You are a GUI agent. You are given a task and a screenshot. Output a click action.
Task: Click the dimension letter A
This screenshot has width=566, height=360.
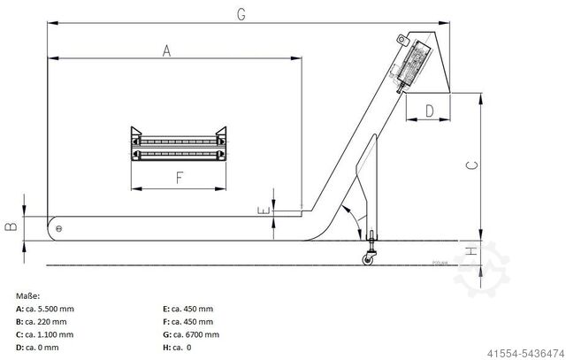165,51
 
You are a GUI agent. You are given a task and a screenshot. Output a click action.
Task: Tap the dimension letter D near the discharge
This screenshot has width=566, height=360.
429,111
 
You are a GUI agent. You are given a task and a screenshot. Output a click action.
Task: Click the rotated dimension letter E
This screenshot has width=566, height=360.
261,211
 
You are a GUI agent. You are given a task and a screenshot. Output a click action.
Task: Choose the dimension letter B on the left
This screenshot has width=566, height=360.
11,226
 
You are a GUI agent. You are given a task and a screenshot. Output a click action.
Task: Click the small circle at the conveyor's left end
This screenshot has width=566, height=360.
59,229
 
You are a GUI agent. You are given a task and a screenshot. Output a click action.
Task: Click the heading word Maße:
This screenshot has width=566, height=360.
28,295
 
